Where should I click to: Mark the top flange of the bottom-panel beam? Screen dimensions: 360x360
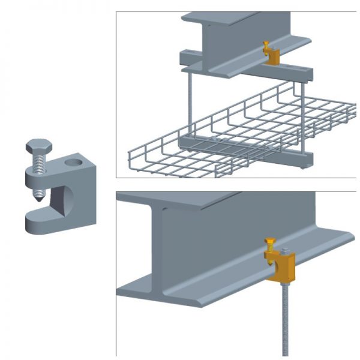(198, 198)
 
